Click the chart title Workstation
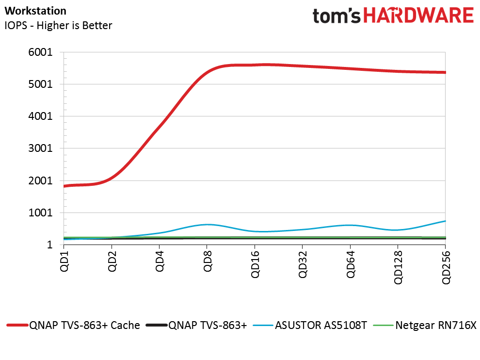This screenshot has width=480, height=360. tap(35, 10)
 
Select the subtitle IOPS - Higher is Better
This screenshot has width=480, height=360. tap(58, 25)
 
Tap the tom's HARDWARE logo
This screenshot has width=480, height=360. tap(393, 16)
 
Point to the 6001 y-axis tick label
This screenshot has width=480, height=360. tap(42, 52)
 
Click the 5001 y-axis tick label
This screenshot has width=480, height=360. tap(42, 84)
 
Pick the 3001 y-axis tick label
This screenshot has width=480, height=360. tap(42, 148)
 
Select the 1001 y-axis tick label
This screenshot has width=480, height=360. tap(42, 213)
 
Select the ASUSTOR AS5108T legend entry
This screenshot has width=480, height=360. tap(321, 325)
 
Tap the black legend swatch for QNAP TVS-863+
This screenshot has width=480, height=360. tap(156, 325)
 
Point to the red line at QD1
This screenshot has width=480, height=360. tap(65, 186)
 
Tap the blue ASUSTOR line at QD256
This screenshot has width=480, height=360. tap(445, 221)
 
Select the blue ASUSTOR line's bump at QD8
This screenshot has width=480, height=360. tap(208, 225)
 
